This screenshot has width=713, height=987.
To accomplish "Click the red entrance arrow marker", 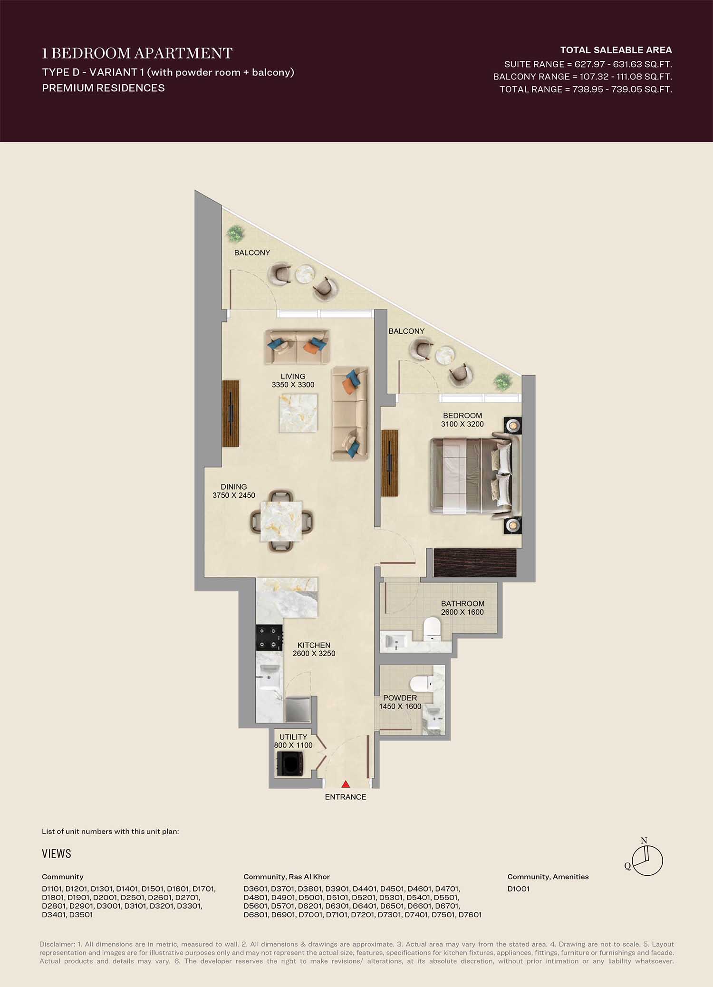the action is (346, 784).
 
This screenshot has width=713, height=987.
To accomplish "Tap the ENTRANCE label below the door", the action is (346, 797).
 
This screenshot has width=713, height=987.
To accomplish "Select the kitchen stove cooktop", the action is (270, 638).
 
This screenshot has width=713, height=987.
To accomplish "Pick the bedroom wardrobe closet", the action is (475, 562).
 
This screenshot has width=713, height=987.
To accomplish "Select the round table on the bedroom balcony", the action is (445, 355).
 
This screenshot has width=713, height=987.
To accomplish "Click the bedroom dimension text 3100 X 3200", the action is (462, 424).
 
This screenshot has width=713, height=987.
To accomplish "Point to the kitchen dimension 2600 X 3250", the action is (314, 653).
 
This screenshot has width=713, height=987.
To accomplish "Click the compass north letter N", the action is (644, 841).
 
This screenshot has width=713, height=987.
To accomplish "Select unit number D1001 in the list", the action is (518, 889).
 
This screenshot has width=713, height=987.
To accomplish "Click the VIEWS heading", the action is (57, 853).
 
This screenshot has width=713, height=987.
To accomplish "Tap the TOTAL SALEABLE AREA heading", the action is (616, 50).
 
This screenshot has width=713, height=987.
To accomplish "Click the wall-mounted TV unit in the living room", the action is (231, 413).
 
